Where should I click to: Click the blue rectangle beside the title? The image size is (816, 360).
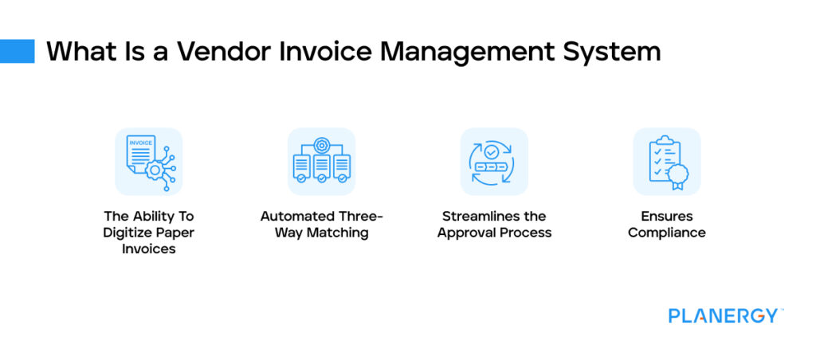tap(18, 51)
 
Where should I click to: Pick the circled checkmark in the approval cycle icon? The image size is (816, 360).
tap(493, 150)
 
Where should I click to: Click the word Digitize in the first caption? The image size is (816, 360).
tap(128, 233)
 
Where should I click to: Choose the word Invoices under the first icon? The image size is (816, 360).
tap(148, 248)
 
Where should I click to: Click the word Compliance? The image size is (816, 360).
tap(666, 233)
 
